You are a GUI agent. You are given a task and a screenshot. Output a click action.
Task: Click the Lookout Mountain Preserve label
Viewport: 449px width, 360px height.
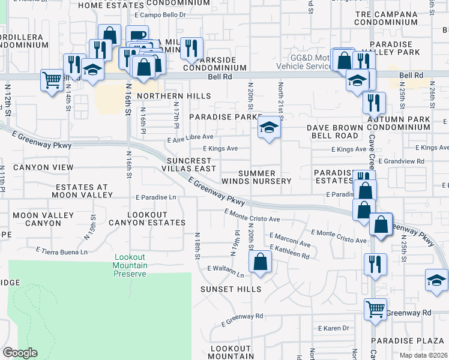point(130,266)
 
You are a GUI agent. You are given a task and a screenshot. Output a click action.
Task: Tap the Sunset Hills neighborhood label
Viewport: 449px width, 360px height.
point(231,289)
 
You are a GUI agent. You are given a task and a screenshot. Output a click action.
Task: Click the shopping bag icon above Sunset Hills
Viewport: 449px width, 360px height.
point(260,262)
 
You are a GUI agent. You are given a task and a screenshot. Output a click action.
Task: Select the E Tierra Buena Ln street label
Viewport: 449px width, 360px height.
point(61,250)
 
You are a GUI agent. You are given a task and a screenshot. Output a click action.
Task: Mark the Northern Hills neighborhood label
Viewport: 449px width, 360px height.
point(174,96)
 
